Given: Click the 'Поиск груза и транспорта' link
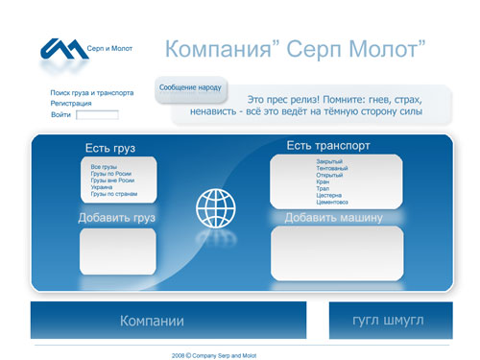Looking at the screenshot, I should tap(92, 93).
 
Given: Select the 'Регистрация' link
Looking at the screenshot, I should tap(71, 103).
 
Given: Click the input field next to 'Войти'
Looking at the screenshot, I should tap(97, 115).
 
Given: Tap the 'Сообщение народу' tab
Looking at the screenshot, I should tap(190, 87).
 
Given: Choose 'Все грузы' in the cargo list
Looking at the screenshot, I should tap(103, 167).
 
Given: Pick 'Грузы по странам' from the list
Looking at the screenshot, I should tap(114, 194).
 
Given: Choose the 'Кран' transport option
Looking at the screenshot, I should tap(324, 181).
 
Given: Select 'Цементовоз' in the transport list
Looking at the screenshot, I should tap(332, 202).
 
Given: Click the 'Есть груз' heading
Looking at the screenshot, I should tap(109, 149).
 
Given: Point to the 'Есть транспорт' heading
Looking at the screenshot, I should tap(328, 146).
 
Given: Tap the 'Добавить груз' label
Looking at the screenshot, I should tap(116, 218).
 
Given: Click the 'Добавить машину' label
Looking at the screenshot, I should tap(333, 218).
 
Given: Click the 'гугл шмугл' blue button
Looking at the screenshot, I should tap(389, 321).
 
